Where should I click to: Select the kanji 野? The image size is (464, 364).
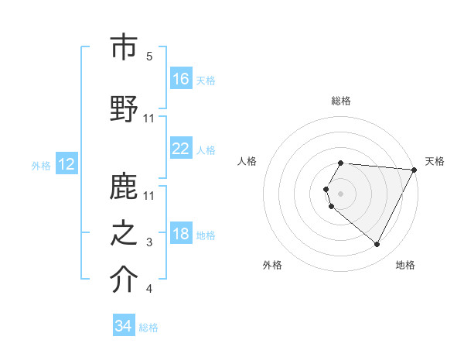(124, 108)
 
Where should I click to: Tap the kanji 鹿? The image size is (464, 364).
(124, 186)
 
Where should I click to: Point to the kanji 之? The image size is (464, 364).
(124, 234)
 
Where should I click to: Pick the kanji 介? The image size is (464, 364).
(124, 280)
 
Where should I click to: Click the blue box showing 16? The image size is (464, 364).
(181, 79)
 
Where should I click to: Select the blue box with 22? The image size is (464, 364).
(181, 149)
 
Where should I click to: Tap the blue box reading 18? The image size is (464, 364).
(181, 235)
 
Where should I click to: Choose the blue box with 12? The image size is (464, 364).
(66, 164)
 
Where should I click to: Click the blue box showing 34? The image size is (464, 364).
(123, 326)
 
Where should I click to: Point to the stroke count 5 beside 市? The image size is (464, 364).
(149, 56)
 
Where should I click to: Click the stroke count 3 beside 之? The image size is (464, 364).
(149, 243)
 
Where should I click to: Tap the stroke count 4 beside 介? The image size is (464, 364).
(149, 290)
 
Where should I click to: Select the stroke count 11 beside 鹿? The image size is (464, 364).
(150, 195)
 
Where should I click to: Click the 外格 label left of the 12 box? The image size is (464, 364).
(41, 165)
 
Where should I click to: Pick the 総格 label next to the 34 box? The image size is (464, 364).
(148, 328)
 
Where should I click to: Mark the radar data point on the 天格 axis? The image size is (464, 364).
(414, 170)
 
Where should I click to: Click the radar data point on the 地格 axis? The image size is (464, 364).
(377, 245)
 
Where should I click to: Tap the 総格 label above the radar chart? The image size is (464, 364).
(341, 101)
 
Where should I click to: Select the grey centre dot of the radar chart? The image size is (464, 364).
(340, 193)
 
